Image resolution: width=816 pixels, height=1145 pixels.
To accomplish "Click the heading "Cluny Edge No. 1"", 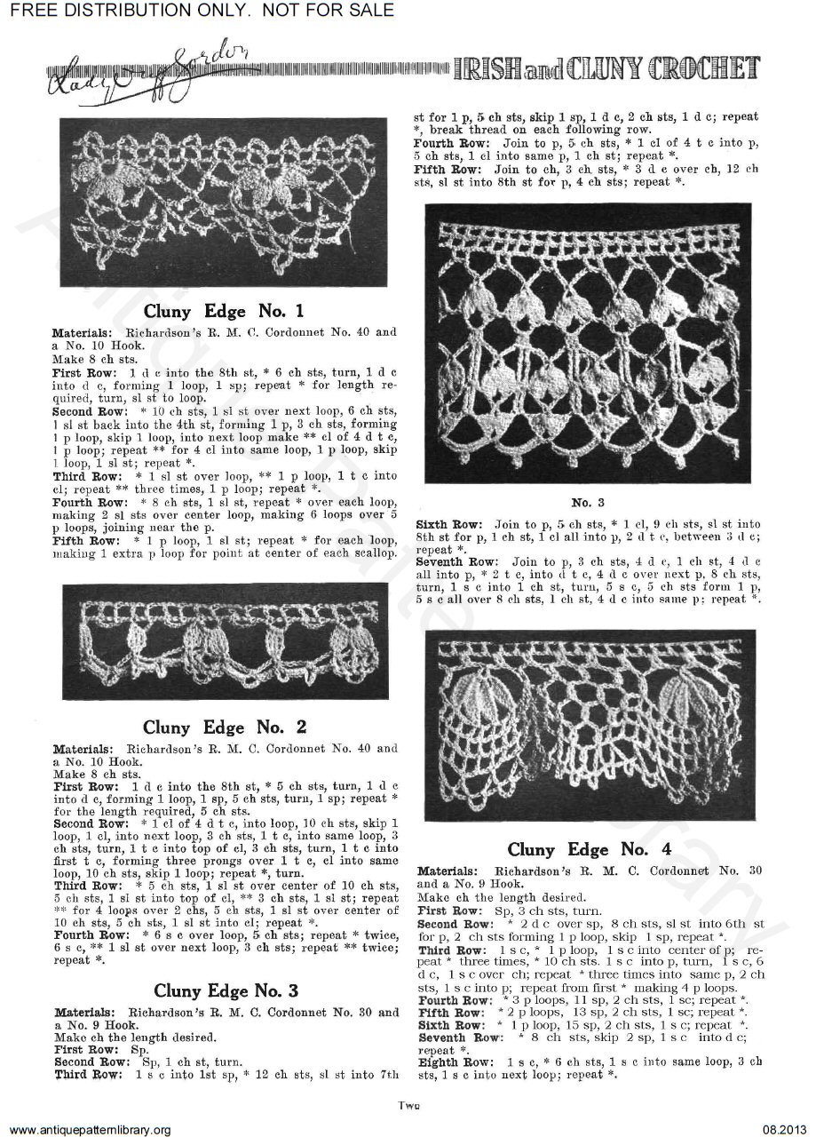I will point(224,311).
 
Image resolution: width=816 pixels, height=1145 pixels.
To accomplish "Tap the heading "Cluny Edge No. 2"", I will point(225,728).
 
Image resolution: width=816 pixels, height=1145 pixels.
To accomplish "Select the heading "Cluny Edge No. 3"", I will point(226,990).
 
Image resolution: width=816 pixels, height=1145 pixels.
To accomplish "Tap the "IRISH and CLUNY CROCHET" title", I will point(607,68).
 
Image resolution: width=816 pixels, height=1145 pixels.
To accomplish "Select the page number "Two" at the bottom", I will point(408,1105).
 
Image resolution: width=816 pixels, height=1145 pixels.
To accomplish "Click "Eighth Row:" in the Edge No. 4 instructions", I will point(448,1062).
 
